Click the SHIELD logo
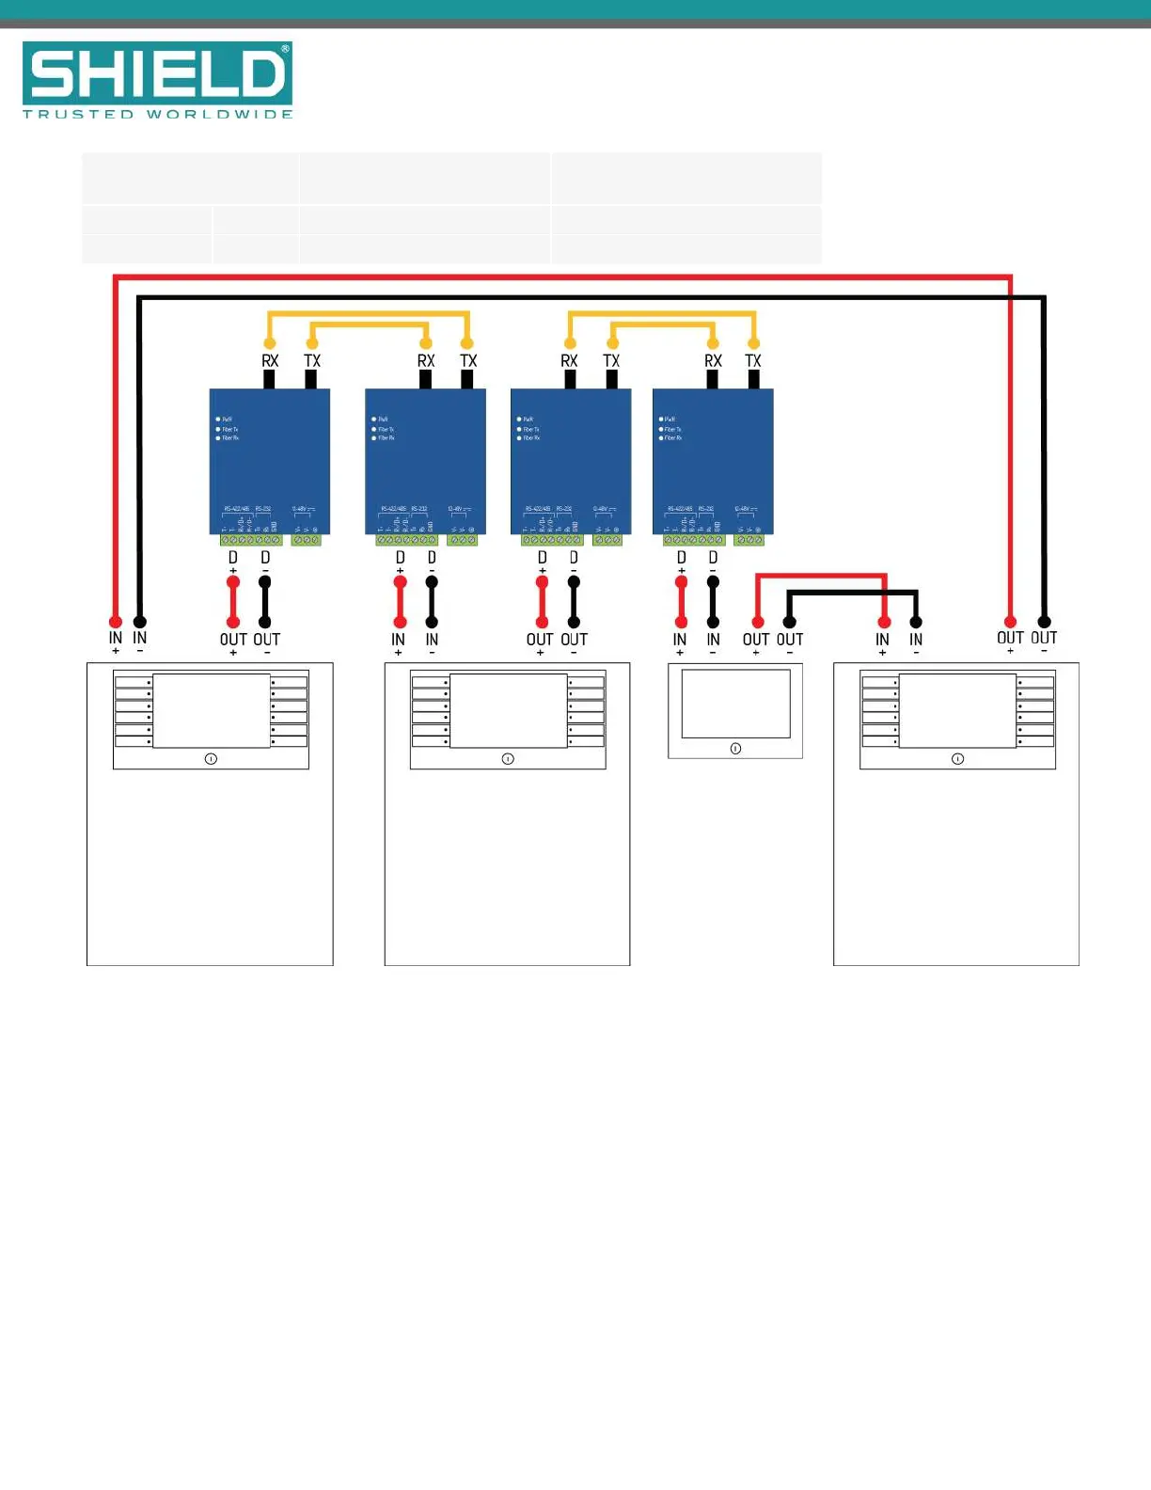157,73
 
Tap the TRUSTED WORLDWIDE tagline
157,115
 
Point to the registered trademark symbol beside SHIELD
285,49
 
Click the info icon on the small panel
735,749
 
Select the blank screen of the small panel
735,704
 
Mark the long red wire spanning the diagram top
564,277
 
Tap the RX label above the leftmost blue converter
270,361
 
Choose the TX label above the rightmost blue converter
753,361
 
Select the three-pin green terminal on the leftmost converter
307,540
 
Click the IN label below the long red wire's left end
116,638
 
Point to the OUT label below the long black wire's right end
1044,638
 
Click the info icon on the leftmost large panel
211,758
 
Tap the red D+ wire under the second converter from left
400,602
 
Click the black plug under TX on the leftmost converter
311,379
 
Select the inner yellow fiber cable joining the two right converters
663,325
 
